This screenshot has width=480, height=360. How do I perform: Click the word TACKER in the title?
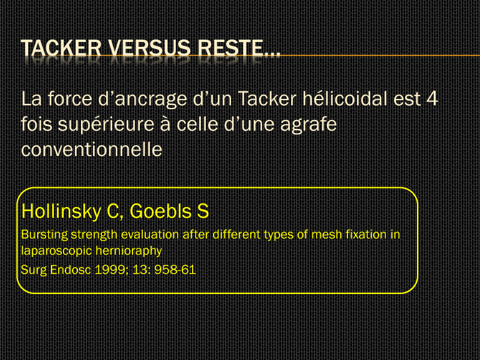[61, 48]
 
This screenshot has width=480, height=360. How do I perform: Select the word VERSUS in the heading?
[149, 48]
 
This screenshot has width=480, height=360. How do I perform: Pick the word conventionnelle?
[92, 149]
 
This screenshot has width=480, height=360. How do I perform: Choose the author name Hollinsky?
[61, 212]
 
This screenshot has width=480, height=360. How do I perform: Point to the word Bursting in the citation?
[44, 235]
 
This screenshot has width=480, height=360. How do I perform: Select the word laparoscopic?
[56, 251]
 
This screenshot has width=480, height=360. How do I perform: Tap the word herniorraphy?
[129, 251]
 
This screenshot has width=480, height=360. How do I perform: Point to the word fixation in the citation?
[366, 235]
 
